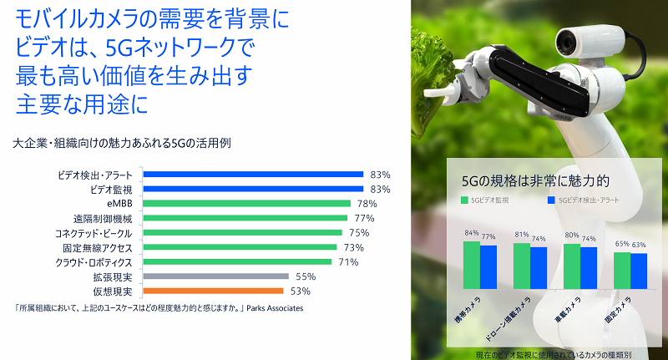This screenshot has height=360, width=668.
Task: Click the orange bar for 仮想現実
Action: [x=213, y=291]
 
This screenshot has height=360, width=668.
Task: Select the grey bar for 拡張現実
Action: [x=216, y=276]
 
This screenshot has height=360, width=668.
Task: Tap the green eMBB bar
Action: [x=246, y=204]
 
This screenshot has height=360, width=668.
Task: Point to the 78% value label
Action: [x=367, y=204]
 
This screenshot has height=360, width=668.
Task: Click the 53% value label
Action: [x=301, y=292]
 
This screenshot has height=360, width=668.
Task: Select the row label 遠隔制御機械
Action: [x=103, y=219]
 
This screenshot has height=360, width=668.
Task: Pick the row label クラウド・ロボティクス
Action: [x=94, y=262]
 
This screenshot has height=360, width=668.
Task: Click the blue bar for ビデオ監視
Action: [x=253, y=189]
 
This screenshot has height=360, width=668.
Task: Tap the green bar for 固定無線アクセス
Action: [x=240, y=247]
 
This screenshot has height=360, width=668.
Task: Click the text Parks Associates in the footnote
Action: [x=275, y=308]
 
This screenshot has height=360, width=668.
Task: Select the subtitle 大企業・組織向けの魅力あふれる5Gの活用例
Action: [x=122, y=143]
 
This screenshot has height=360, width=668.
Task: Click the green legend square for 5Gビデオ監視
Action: [x=465, y=200]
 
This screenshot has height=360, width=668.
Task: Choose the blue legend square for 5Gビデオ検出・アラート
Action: [x=551, y=200]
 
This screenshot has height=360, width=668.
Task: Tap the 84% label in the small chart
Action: [x=472, y=233]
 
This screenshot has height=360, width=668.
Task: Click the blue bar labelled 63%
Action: [x=639, y=271]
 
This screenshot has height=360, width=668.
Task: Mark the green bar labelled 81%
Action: [x=522, y=266]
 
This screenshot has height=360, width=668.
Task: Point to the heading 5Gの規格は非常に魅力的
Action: [x=536, y=181]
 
